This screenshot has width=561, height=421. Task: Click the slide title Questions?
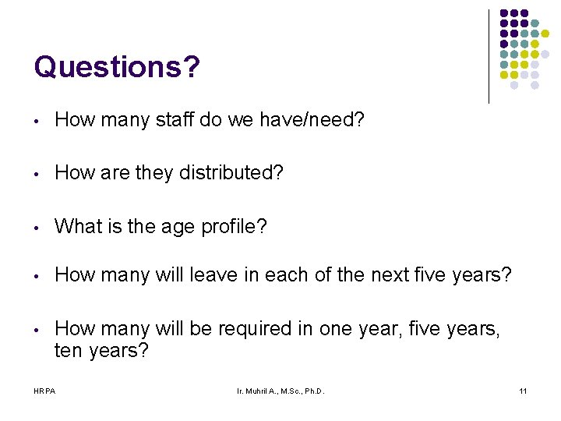pos(117,67)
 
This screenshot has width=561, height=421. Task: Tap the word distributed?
pos(231,173)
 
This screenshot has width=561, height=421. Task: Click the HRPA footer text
pos(44,390)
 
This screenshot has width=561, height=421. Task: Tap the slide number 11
pos(522,390)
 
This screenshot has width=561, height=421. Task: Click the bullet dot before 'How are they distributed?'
pos(37,174)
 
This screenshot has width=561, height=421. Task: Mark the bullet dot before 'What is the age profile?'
pos(37,228)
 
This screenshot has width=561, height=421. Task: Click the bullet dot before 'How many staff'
pos(37,120)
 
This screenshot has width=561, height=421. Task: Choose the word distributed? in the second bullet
pos(231,173)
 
